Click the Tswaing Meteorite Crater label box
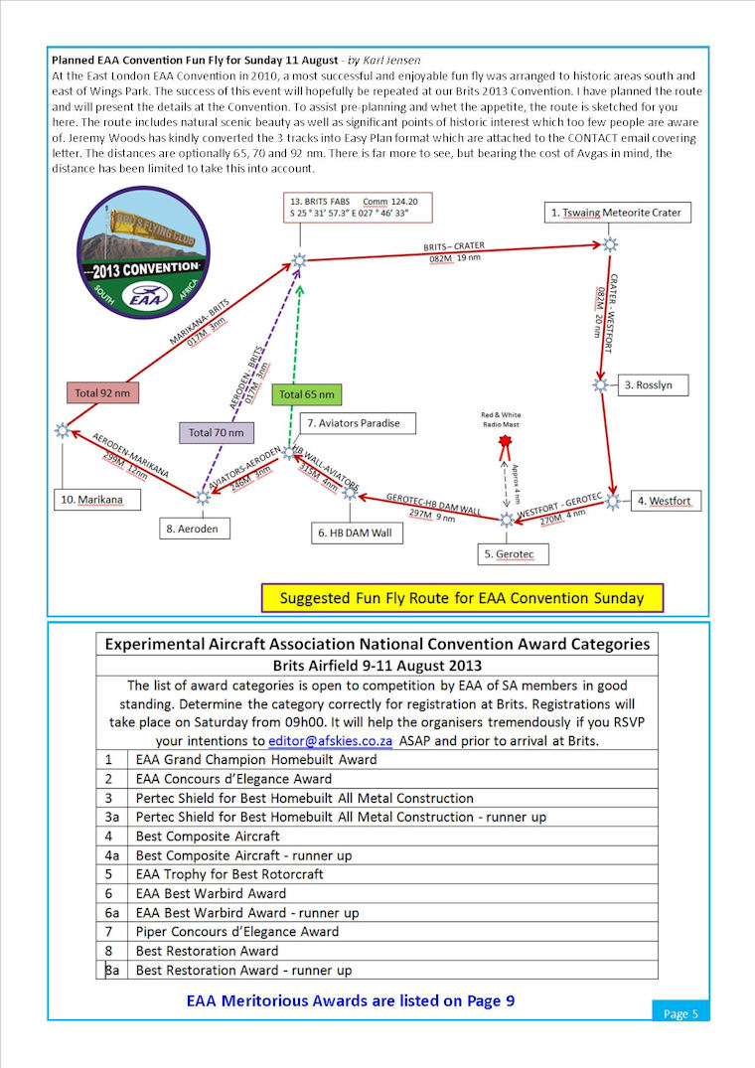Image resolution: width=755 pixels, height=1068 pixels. click(x=617, y=213)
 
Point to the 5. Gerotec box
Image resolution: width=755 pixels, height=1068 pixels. click(x=515, y=552)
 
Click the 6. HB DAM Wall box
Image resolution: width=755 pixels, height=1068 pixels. click(x=355, y=534)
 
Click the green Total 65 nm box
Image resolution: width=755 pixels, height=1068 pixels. click(x=307, y=394)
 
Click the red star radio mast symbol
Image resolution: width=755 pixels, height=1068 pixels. click(x=506, y=440)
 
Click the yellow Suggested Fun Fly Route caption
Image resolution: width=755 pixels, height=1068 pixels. click(x=462, y=598)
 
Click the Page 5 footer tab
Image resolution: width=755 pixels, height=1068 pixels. click(x=680, y=1013)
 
